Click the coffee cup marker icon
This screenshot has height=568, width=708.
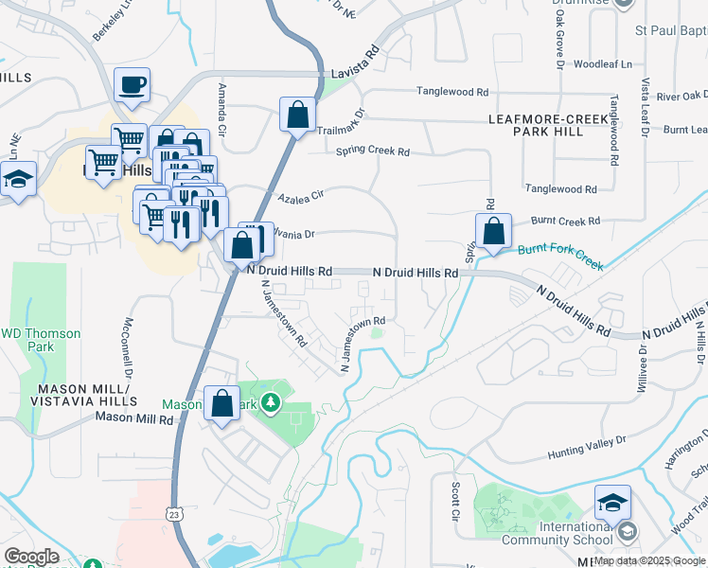pos(132,85)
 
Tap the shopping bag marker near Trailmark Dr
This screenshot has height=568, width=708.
pos(297,115)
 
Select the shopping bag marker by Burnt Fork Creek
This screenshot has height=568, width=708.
pos(493,231)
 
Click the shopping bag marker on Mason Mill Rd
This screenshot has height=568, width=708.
pos(221,404)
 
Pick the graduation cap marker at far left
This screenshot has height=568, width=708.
pos(18,179)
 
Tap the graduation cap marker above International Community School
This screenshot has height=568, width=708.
pos(612,503)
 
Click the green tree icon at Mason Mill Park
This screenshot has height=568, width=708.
pos(272,403)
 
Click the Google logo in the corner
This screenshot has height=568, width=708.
pos(31,557)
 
